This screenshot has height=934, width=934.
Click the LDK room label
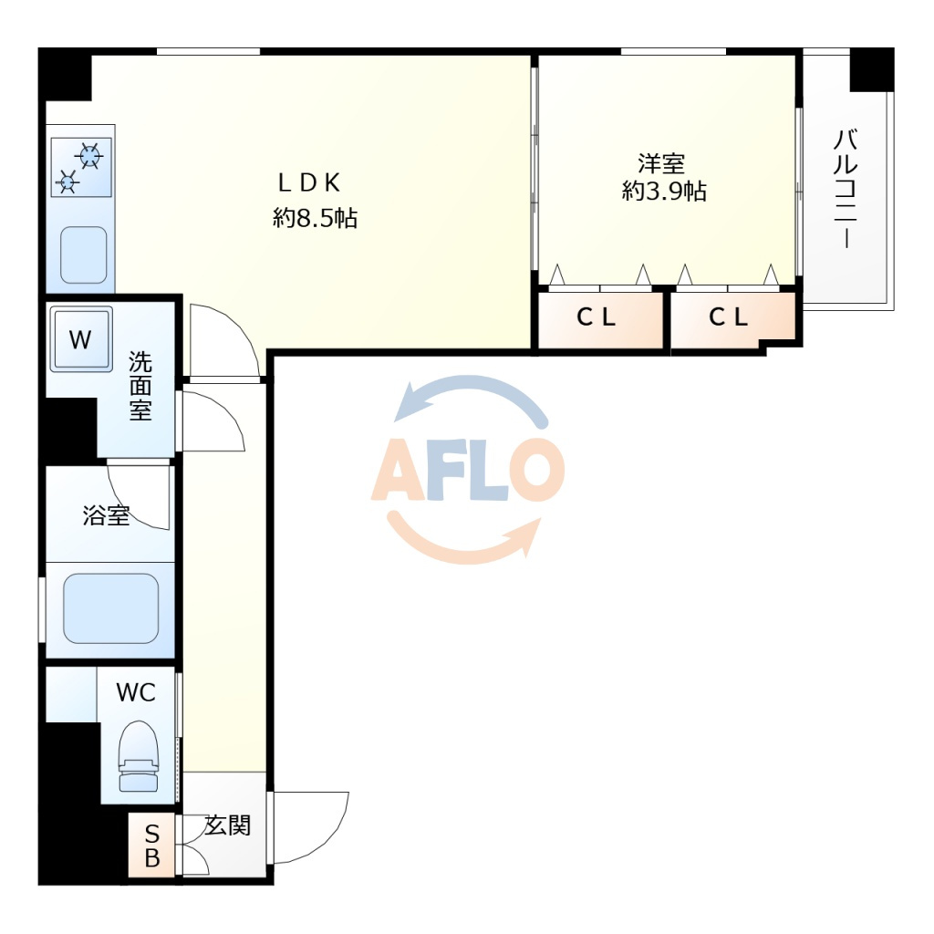309,182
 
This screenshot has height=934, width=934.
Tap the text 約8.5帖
315,218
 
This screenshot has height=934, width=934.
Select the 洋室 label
661,162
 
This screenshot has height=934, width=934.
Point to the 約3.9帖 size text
664,192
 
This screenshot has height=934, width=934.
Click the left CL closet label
596,317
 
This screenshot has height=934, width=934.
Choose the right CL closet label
728,317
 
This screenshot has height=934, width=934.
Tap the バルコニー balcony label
845,188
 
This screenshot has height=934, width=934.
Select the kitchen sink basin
84,255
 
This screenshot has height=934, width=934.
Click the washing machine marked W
80,339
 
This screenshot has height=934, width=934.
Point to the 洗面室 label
140,386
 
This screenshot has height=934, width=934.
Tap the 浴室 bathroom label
106,515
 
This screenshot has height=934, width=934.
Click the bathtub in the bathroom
110,608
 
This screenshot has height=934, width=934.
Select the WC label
136,693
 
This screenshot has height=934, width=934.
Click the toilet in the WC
140,756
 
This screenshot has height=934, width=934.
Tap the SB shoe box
152,846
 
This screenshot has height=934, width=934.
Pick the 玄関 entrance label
227,825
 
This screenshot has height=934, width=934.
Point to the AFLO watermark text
468,469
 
